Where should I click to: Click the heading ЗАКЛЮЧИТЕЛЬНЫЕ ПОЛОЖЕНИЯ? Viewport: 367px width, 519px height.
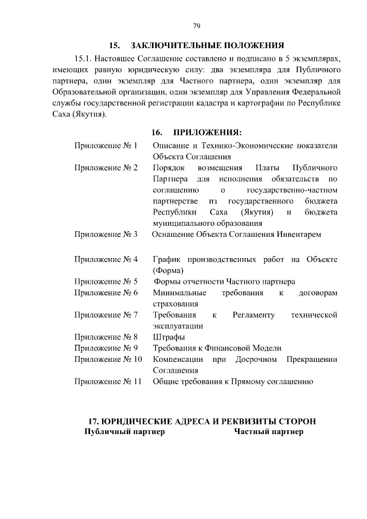pyautogui.click(x=208, y=45)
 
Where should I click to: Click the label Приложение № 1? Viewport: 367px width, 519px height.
pyautogui.click(x=106, y=146)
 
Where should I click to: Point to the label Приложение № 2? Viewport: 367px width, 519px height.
pyautogui.click(x=106, y=168)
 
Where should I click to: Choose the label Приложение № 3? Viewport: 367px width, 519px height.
pyautogui.click(x=106, y=235)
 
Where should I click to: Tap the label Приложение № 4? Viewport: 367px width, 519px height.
pyautogui.click(x=106, y=260)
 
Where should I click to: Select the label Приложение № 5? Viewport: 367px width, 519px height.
pyautogui.click(x=106, y=282)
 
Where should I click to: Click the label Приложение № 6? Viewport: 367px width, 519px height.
pyautogui.click(x=106, y=293)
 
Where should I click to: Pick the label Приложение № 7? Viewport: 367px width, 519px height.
pyautogui.click(x=106, y=315)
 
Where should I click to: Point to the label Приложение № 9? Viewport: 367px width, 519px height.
pyautogui.click(x=106, y=348)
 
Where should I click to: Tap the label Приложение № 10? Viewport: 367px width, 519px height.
pyautogui.click(x=108, y=359)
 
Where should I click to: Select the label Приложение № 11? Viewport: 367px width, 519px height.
pyautogui.click(x=108, y=381)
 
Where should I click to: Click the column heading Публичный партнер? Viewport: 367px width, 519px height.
pyautogui.click(x=124, y=432)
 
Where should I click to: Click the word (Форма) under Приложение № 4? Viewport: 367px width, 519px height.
pyautogui.click(x=168, y=271)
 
